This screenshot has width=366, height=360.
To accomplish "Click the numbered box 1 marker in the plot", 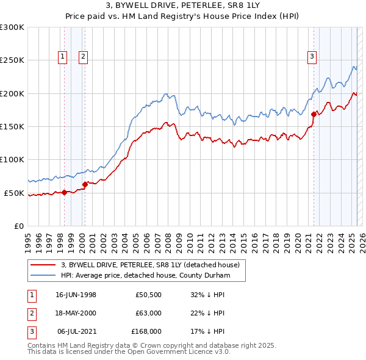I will click(x=62, y=57).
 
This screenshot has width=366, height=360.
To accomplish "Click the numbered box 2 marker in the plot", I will click(x=83, y=57).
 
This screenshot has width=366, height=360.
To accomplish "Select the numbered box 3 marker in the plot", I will click(x=312, y=57).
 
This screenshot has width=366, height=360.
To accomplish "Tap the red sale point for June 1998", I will click(x=65, y=192).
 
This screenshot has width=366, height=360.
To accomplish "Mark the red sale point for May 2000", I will click(x=85, y=184).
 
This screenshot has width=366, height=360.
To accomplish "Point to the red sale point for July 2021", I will click(x=314, y=114).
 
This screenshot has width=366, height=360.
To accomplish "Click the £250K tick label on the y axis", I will click(x=12, y=60).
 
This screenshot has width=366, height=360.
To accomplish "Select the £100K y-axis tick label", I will click(x=12, y=159).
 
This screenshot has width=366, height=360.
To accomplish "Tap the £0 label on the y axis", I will click(x=18, y=226).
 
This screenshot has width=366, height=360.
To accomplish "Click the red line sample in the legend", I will click(x=43, y=265).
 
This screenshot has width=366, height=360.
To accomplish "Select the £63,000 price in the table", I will click(x=148, y=313).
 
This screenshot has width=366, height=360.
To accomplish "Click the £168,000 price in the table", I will click(x=146, y=331).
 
